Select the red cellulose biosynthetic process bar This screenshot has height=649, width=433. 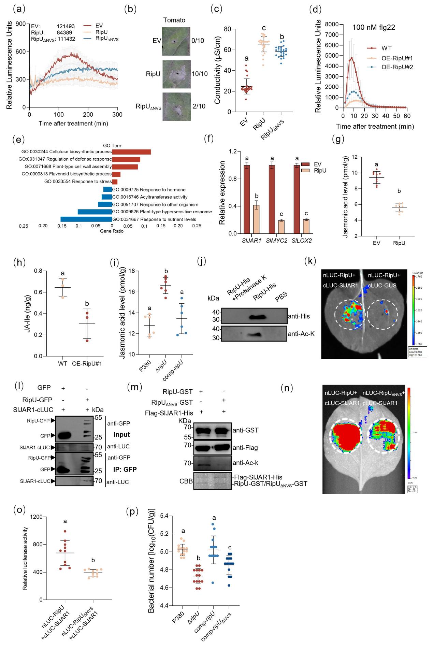(x=131, y=152)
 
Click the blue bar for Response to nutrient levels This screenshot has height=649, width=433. (x=86, y=219)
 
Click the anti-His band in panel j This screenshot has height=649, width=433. (x=262, y=317)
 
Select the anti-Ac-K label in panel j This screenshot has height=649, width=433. (x=302, y=334)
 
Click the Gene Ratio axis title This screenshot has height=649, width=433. (x=112, y=231)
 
